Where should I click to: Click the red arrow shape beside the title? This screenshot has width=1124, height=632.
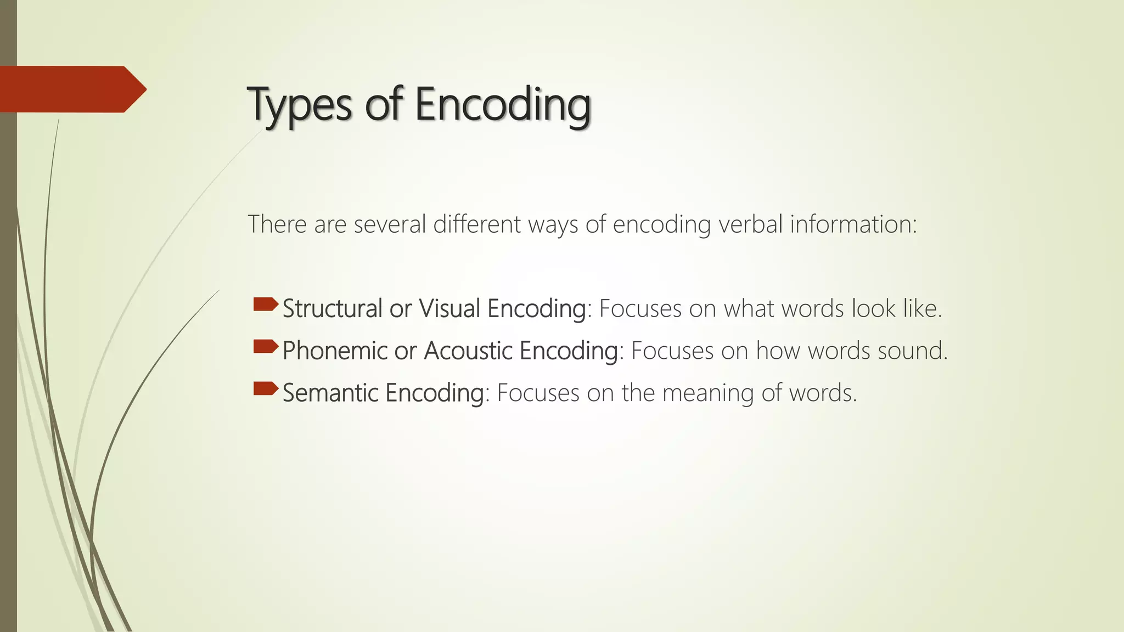pos(71,89)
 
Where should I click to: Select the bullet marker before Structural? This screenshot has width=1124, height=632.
pos(266,304)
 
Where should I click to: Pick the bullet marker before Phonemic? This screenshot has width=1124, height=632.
pos(266,347)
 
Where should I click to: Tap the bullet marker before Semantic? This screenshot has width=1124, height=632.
pos(266,389)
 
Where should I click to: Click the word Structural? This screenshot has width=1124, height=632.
pos(332,308)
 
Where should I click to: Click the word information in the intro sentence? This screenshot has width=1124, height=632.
pos(853,224)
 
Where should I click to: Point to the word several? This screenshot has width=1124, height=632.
pos(390,224)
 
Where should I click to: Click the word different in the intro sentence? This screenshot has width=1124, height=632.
pos(477,224)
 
